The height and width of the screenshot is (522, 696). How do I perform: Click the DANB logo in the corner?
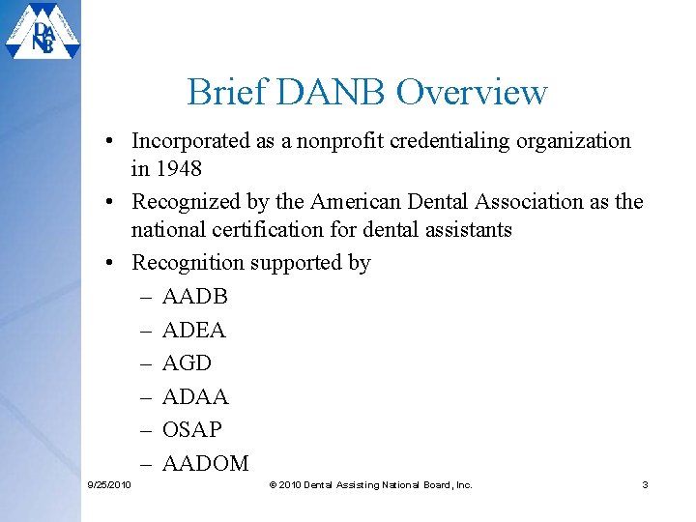pyautogui.click(x=43, y=33)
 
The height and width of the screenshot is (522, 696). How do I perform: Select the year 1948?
pyautogui.click(x=179, y=168)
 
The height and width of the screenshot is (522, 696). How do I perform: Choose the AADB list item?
pyautogui.click(x=194, y=297)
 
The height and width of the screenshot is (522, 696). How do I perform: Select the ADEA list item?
pyautogui.click(x=193, y=331)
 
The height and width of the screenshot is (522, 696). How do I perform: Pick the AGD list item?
pyautogui.click(x=187, y=363)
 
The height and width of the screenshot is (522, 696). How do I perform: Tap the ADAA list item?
pyautogui.click(x=195, y=397)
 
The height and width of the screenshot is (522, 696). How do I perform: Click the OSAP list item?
pyautogui.click(x=191, y=430)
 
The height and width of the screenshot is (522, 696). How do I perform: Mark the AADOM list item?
pyautogui.click(x=205, y=464)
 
